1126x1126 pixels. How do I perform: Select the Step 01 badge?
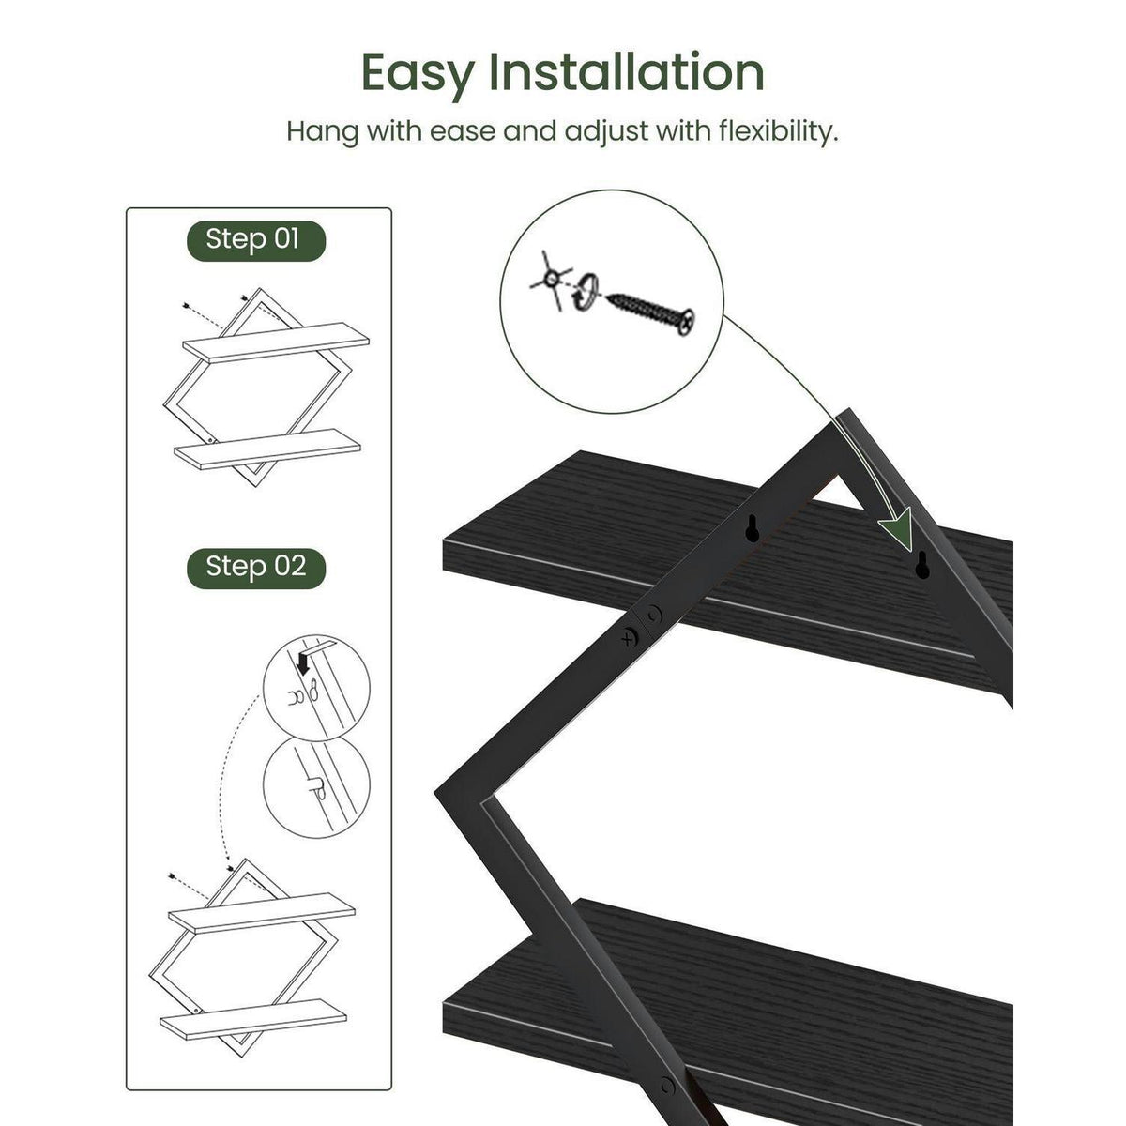(x=256, y=240)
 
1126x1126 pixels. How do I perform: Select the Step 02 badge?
(x=256, y=568)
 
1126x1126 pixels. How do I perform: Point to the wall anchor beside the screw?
(x=551, y=280)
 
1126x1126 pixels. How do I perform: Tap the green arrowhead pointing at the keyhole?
(x=897, y=527)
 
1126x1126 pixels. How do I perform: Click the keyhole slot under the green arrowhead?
(x=922, y=565)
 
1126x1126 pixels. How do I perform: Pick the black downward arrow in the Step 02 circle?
(x=303, y=663)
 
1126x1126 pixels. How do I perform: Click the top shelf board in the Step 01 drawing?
(x=276, y=342)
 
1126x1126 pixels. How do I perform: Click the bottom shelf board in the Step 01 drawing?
(x=267, y=449)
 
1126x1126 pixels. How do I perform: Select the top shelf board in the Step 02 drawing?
(x=261, y=913)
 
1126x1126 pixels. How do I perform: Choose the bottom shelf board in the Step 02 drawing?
(x=252, y=1019)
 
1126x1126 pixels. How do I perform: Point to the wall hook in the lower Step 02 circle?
(x=314, y=785)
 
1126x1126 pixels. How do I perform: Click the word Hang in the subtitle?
(x=322, y=132)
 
